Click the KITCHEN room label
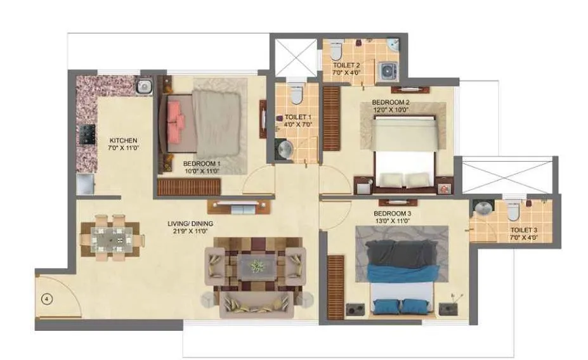tap(123, 140)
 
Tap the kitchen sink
tap(144, 86)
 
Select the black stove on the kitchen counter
tap(86, 135)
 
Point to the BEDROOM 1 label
tap(200, 163)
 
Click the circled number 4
tap(47, 298)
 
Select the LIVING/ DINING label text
tap(190, 224)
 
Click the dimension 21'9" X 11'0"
tap(190, 232)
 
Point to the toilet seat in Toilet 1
tap(295, 95)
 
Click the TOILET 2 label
tap(346, 65)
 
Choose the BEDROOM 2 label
tap(390, 102)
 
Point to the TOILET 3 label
tap(524, 231)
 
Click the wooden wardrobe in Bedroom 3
tap(335, 286)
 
